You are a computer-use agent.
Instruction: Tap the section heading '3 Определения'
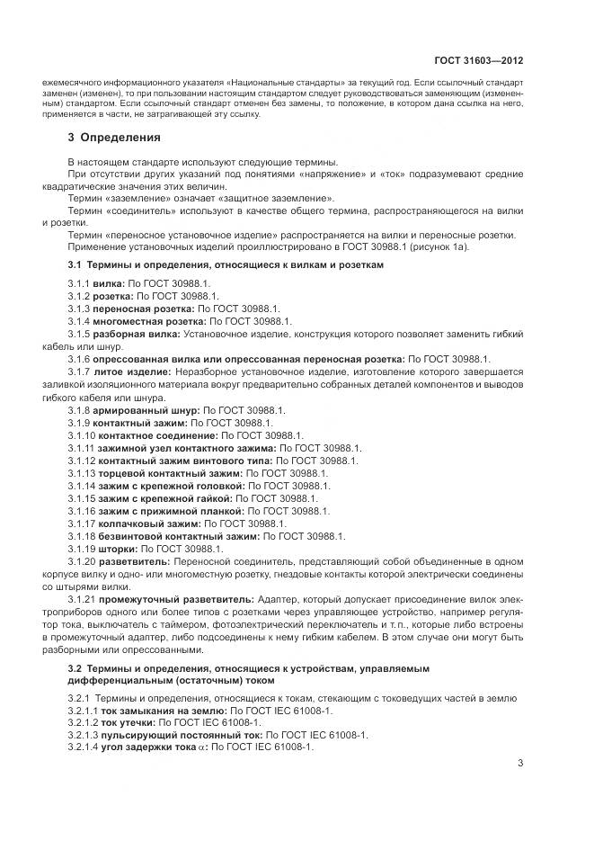114,138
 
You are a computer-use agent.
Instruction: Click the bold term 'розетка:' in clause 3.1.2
113,295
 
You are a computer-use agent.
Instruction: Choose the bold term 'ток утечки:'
128,721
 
